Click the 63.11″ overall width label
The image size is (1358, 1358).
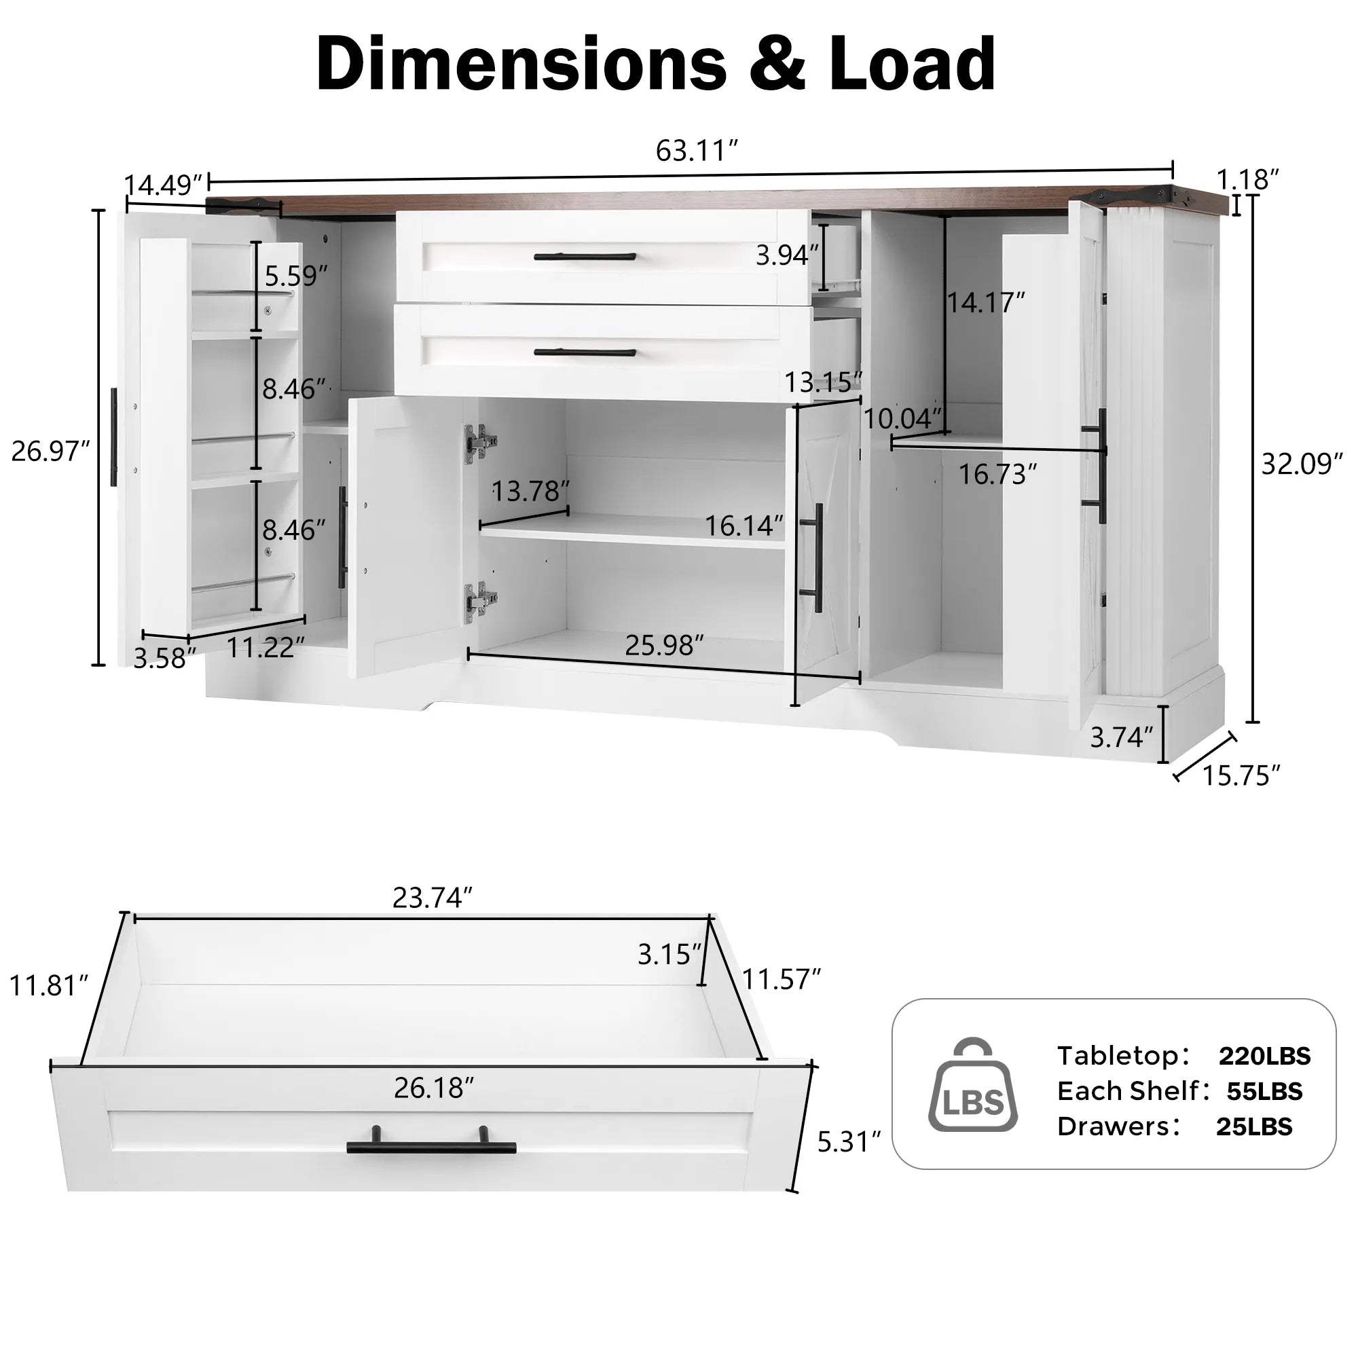coord(696,151)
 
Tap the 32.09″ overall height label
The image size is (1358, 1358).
coord(1301,464)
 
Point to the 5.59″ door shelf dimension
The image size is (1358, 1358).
coord(296,276)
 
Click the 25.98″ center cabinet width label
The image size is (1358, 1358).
coord(663,644)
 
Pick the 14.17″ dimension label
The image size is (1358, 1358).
coord(985,302)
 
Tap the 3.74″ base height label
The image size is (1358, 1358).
coord(1121,737)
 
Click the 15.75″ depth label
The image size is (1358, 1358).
coord(1241,775)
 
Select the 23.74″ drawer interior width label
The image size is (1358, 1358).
coord(432,898)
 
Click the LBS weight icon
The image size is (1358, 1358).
coord(973,1086)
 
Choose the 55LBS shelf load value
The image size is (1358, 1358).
coord(1264,1091)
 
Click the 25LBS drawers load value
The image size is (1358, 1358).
coord(1254,1126)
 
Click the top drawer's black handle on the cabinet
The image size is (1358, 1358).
coord(585,257)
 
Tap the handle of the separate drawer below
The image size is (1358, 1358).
coord(431,1146)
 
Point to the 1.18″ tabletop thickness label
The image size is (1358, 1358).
coord(1247,179)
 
